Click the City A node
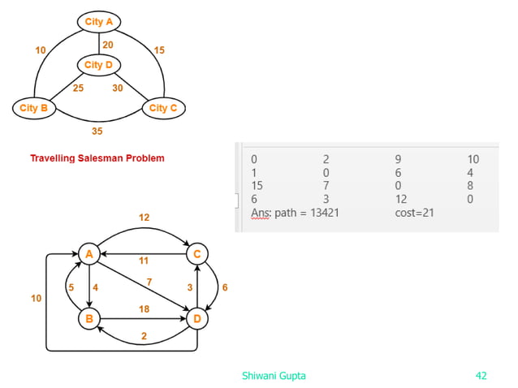pyautogui.click(x=99, y=22)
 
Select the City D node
pyautogui.click(x=98, y=64)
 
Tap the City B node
pyautogui.click(x=34, y=107)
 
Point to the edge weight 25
pyautogui.click(x=79, y=88)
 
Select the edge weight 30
pyautogui.click(x=118, y=88)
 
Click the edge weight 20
pyautogui.click(x=107, y=43)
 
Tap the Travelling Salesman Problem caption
pyautogui.click(x=97, y=158)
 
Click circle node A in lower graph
pyautogui.click(x=88, y=254)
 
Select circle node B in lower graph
pyautogui.click(x=88, y=318)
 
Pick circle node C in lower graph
pyautogui.click(x=196, y=254)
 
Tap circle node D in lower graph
pyautogui.click(x=196, y=318)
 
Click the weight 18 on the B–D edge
pyautogui.click(x=144, y=309)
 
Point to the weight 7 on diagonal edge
pyautogui.click(x=149, y=281)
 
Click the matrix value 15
pyautogui.click(x=257, y=185)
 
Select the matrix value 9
pyautogui.click(x=399, y=159)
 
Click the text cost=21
pyautogui.click(x=413, y=212)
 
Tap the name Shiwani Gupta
pyautogui.click(x=274, y=375)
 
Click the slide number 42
pyautogui.click(x=481, y=375)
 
